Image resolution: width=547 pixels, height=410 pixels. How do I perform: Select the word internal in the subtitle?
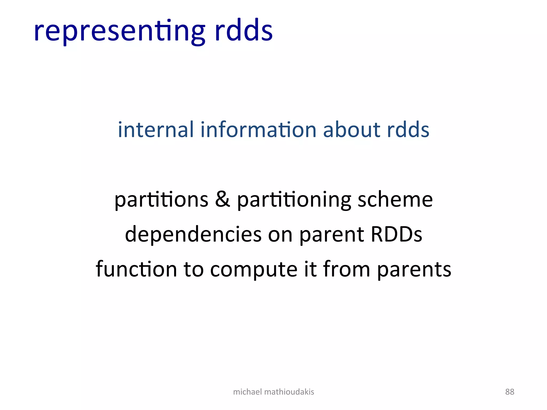155,130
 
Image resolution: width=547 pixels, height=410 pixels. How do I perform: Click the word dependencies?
193,234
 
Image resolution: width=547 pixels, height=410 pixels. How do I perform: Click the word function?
136,269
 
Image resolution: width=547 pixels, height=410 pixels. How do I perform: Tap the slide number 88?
509,392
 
